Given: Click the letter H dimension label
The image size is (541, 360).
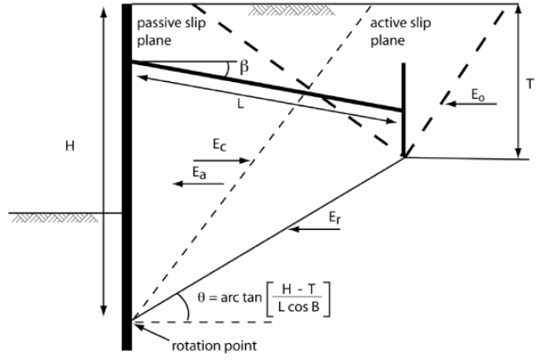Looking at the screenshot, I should [x=70, y=146].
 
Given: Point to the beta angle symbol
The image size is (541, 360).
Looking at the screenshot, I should [x=244, y=66].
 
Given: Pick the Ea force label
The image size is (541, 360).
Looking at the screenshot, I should [x=196, y=170].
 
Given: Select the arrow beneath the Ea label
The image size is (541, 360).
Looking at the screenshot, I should [x=189, y=183].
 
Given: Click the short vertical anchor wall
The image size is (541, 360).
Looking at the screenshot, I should [x=403, y=110].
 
